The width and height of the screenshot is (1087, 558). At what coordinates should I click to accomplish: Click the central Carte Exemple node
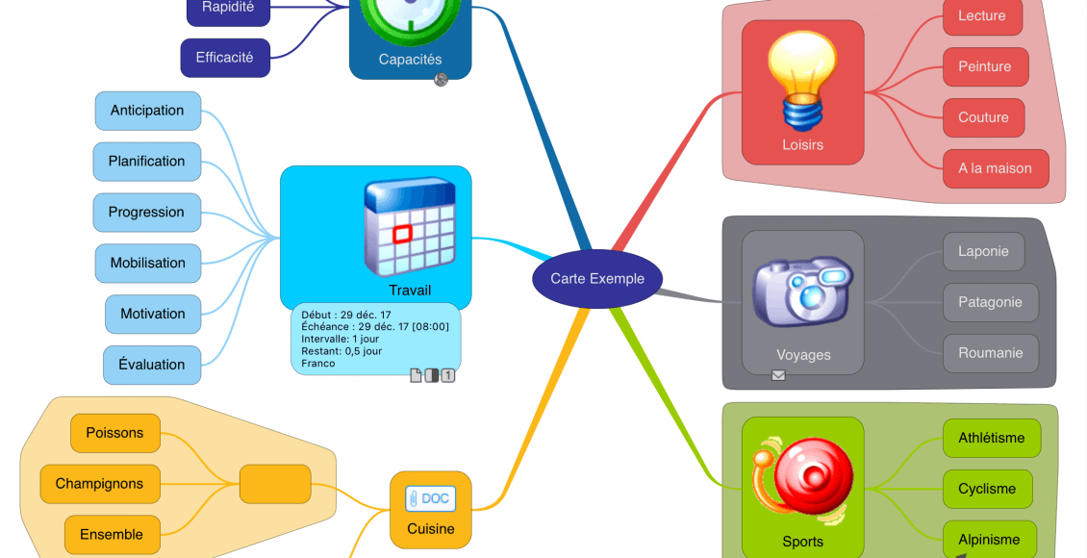pos(597,279)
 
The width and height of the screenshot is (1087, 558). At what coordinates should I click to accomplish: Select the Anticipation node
pos(147,111)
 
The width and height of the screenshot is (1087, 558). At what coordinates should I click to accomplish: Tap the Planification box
pos(146,162)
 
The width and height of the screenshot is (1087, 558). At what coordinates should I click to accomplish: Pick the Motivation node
pos(152,314)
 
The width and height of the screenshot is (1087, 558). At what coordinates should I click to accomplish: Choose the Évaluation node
pos(151,365)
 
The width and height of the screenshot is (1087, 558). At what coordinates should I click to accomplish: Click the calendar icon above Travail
pos(409,227)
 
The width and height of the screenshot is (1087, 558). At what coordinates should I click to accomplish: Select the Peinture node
pos(984,67)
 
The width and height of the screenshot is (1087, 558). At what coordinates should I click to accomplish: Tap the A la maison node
pos(995,168)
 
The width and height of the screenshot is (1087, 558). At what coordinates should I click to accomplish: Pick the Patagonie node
pos(990,302)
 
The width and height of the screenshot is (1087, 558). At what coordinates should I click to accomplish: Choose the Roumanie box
pos(990,353)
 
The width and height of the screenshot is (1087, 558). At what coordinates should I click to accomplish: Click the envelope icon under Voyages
pos(778,375)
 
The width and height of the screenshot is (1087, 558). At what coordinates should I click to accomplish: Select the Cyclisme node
pos(986,489)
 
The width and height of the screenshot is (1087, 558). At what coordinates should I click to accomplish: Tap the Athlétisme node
pos(991,438)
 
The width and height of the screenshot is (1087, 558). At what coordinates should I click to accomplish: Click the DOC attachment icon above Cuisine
pos(430,498)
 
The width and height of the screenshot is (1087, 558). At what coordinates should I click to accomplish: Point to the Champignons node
pos(99,484)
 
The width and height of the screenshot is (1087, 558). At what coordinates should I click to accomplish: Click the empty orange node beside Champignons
pos(275,484)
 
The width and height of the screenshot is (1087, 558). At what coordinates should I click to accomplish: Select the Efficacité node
pos(224,58)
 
